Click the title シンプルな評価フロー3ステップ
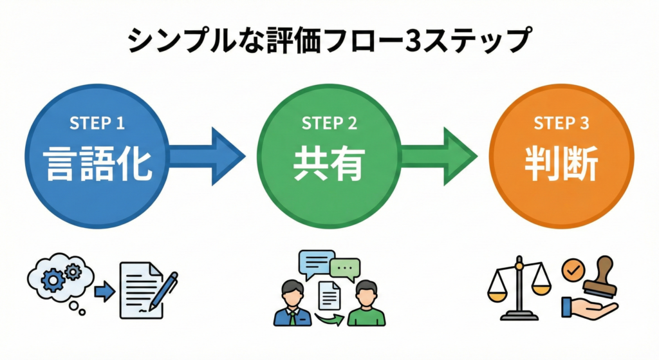pyautogui.click(x=329, y=41)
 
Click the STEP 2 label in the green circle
pyautogui.click(x=329, y=123)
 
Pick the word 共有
pyautogui.click(x=329, y=164)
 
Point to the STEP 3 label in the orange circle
pyautogui.click(x=562, y=123)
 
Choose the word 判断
pyautogui.click(x=562, y=164)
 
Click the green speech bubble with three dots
pyautogui.click(x=346, y=267)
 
